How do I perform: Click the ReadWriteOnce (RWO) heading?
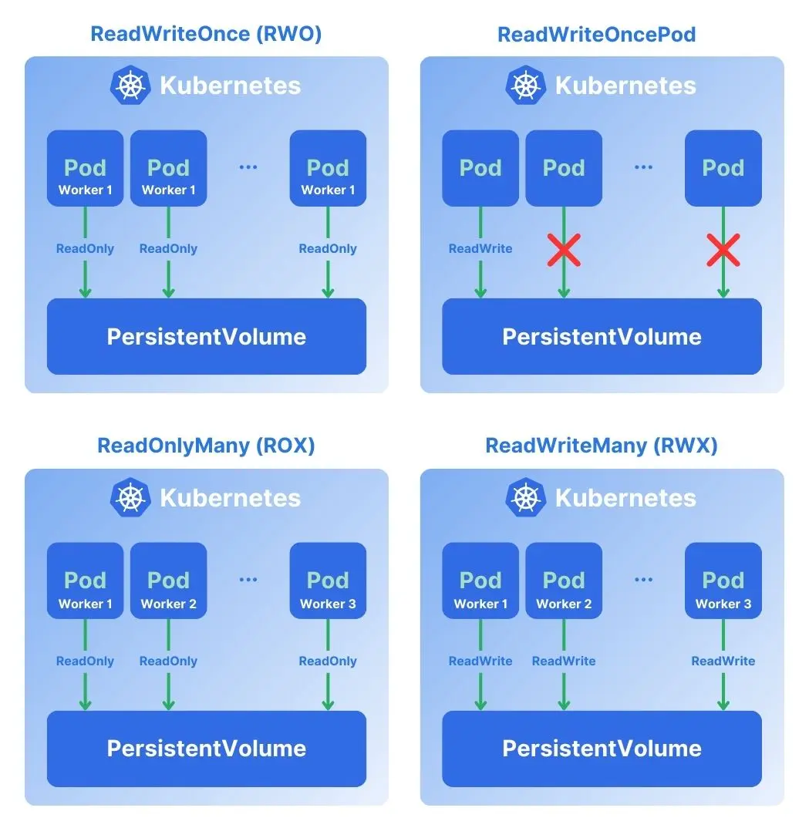206,34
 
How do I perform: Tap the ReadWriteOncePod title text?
597,35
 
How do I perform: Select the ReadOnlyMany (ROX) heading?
206,446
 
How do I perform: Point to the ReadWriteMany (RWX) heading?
602,446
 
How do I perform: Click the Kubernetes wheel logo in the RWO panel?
130,85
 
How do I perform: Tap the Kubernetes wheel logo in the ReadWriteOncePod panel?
526,85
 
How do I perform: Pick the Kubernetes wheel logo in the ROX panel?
130,497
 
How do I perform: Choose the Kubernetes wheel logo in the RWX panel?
526,497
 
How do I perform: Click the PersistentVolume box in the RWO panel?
207,336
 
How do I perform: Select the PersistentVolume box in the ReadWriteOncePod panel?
602,336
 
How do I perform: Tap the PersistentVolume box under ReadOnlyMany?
207,749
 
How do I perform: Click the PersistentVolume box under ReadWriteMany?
602,749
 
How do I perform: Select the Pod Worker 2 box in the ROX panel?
168,581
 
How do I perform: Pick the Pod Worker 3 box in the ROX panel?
328,581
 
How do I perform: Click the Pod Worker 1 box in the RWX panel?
480,581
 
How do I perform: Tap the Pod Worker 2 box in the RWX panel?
564,581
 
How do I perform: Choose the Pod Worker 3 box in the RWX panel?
723,581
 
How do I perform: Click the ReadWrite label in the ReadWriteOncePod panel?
480,249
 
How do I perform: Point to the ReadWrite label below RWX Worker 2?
564,661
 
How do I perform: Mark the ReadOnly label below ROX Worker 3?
328,661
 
